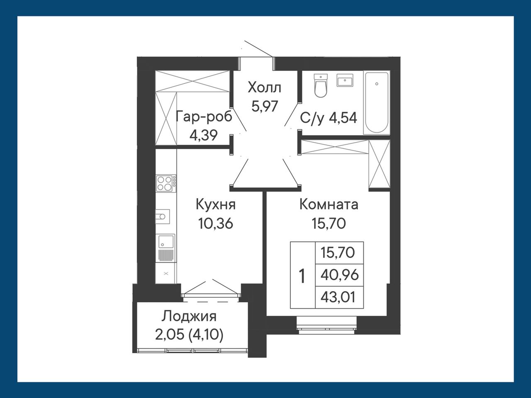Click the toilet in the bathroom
point(320,85)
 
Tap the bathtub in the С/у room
point(377,103)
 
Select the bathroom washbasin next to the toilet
point(345,80)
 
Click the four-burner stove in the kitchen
point(166,184)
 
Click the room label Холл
point(264,87)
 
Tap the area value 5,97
point(264,106)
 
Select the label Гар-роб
point(204,117)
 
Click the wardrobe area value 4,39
point(204,135)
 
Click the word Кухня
point(216,204)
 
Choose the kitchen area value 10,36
point(216,223)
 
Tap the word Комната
point(329,205)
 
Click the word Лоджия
point(189,317)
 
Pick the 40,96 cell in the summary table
point(339,275)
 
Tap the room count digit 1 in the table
point(302,277)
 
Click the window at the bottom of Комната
point(326,326)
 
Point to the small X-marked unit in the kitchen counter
point(166,273)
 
